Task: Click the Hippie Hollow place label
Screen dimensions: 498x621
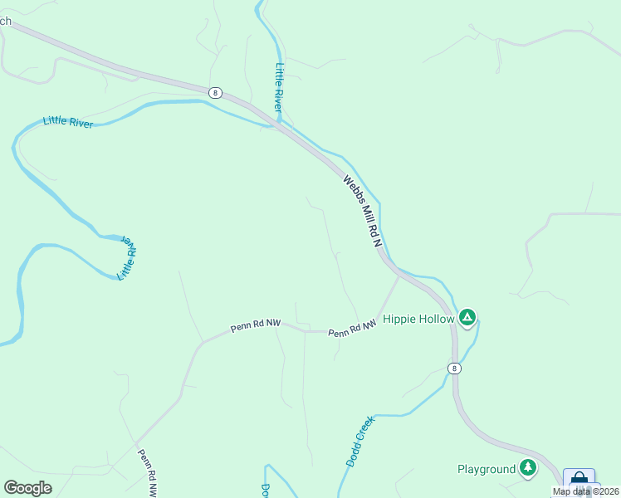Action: (x=419, y=319)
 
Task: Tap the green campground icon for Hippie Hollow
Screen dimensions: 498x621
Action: (x=467, y=317)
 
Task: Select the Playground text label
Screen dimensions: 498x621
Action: (x=487, y=469)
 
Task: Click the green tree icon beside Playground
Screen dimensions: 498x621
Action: (x=527, y=468)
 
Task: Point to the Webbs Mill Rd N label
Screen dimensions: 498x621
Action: (x=362, y=212)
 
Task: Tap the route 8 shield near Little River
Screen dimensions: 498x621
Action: (x=216, y=93)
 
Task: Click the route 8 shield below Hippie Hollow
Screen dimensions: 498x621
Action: (x=453, y=368)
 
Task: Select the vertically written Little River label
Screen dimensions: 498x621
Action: (x=279, y=87)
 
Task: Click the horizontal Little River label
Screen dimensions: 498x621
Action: (x=68, y=123)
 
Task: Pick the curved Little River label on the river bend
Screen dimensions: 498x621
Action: (x=127, y=257)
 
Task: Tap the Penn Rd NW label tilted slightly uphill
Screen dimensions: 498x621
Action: (x=253, y=325)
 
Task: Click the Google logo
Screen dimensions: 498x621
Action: (x=27, y=488)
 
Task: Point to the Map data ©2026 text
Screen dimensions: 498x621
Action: (x=584, y=491)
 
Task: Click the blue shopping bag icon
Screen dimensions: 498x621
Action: (x=579, y=480)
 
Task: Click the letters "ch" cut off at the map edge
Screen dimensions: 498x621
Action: (x=5, y=22)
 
